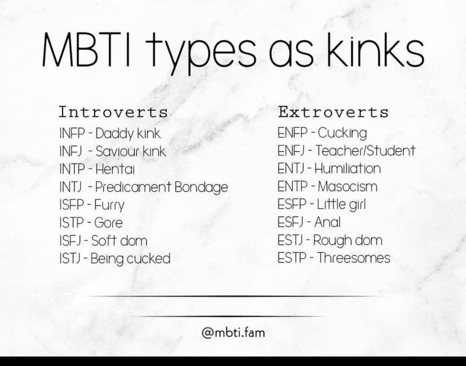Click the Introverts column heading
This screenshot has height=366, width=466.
click(x=113, y=112)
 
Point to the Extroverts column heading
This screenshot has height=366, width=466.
click(x=333, y=112)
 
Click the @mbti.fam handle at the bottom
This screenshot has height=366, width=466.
click(x=233, y=332)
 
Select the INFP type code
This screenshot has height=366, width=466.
click(x=72, y=133)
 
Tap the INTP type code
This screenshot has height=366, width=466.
click(x=72, y=169)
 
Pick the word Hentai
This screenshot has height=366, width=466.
click(x=115, y=169)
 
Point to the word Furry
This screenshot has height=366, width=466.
click(x=109, y=205)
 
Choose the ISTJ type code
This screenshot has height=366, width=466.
click(x=70, y=258)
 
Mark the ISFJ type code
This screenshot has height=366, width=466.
click(x=70, y=241)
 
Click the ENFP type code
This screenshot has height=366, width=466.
click(x=292, y=133)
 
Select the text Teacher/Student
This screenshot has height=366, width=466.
click(x=365, y=150)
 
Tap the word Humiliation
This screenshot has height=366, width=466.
click(x=348, y=168)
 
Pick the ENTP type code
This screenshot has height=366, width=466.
click(x=292, y=186)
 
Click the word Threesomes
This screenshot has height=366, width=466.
click(x=354, y=258)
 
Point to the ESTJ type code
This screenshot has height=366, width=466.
click(x=290, y=240)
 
